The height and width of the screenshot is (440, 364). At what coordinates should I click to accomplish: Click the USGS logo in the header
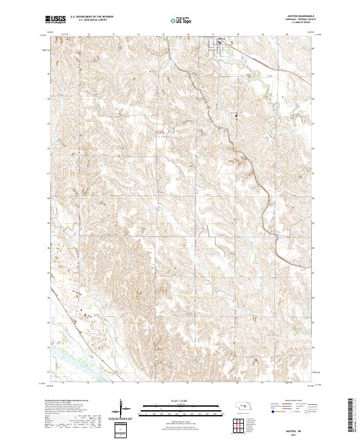(x=55, y=20)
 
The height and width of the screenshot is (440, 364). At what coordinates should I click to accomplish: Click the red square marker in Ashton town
(x=220, y=43)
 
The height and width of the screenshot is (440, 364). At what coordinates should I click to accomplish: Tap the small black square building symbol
(x=237, y=114)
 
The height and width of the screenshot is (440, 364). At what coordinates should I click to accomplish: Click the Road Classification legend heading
(x=297, y=402)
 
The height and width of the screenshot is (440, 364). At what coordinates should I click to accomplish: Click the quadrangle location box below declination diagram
(x=123, y=429)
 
